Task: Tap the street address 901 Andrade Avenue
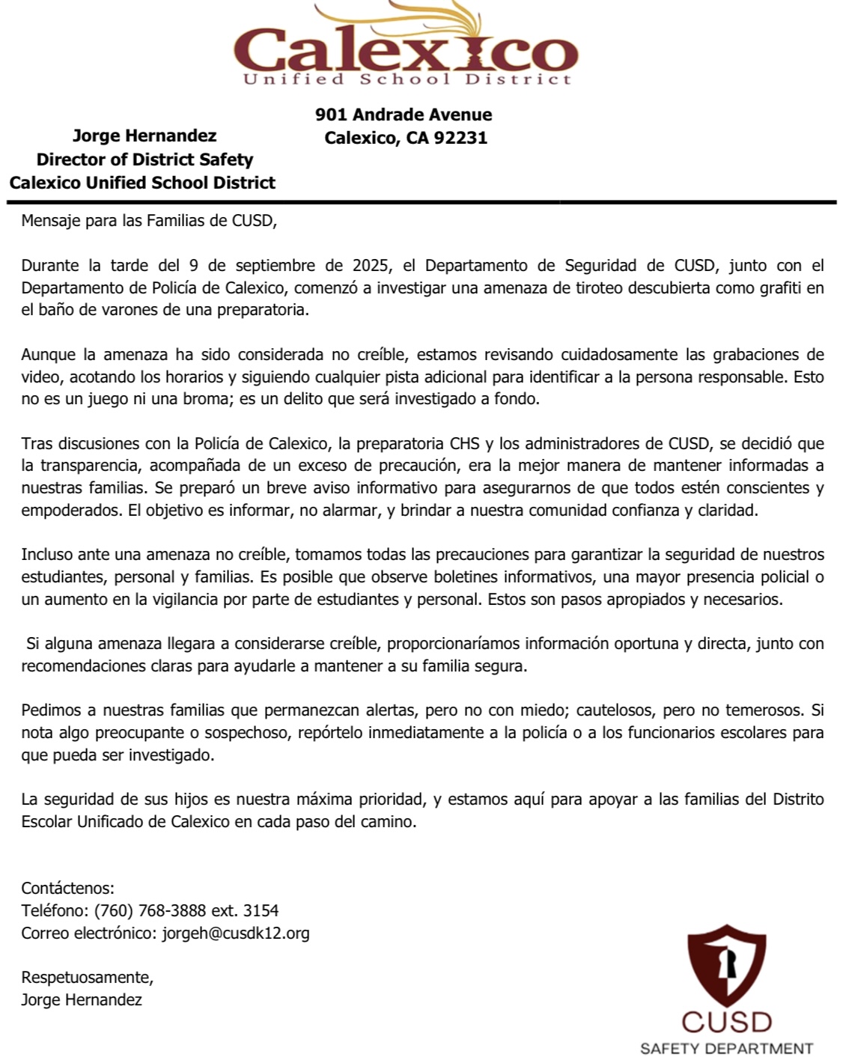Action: (404, 115)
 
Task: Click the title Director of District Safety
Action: (144, 159)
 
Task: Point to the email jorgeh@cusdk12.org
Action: (236, 933)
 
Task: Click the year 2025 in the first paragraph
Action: (370, 265)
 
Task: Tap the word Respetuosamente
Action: (87, 977)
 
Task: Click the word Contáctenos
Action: (67, 888)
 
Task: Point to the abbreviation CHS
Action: (464, 443)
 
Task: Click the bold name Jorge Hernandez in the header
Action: (144, 135)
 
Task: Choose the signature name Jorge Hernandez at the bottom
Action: (82, 999)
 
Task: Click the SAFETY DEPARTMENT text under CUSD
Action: (726, 1048)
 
